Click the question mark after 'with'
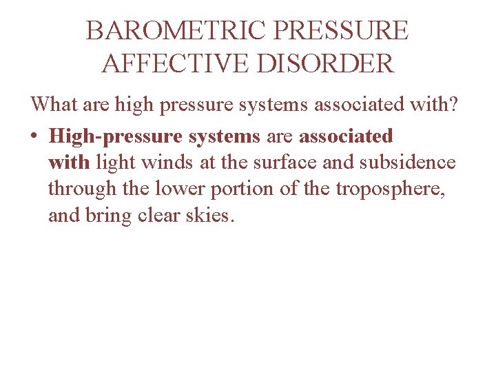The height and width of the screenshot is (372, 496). point(461,105)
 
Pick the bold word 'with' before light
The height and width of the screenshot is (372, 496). point(69,163)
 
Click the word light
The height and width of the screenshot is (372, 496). point(114,163)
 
